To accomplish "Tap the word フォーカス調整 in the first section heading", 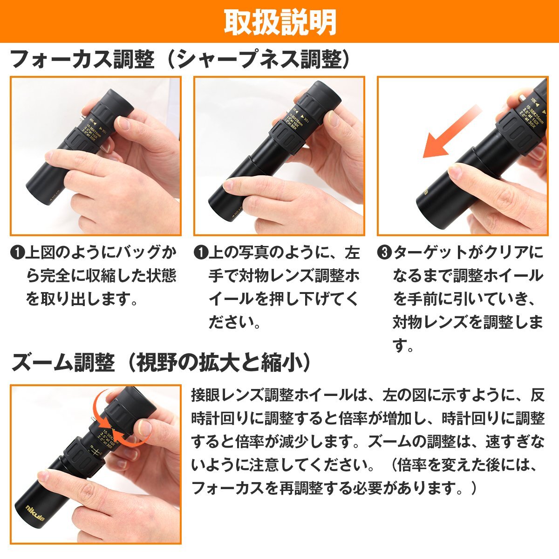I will pyautogui.click(x=82, y=60).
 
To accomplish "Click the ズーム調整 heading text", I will pyautogui.click(x=63, y=362).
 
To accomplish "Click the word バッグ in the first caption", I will pyautogui.click(x=133, y=253).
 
